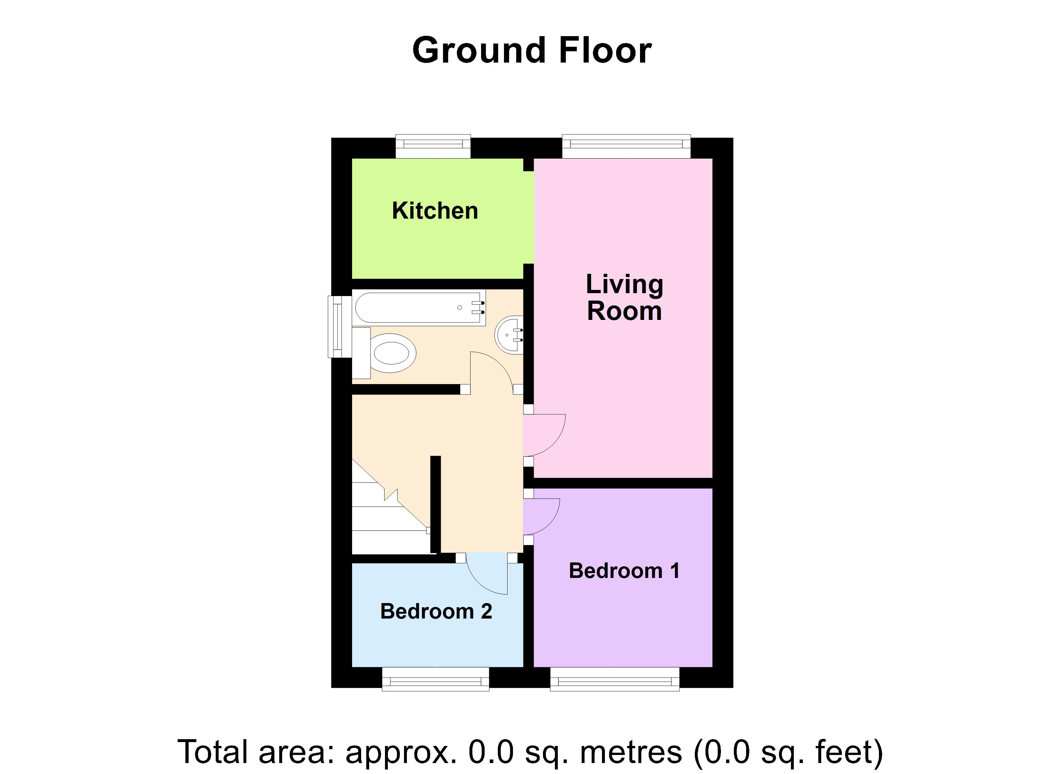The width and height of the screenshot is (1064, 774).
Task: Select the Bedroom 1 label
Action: [x=624, y=571]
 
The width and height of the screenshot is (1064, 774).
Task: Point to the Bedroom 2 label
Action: [x=436, y=611]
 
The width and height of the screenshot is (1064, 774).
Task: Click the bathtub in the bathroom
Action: [x=418, y=307]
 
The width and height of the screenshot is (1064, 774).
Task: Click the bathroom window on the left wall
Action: [x=339, y=326]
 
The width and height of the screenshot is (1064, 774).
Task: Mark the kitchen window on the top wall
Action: [x=433, y=146]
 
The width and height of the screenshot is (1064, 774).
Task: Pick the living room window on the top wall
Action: [x=626, y=146]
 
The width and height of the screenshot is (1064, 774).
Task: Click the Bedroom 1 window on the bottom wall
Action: [x=615, y=679]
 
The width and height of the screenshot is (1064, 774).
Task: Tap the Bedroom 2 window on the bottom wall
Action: [x=435, y=679]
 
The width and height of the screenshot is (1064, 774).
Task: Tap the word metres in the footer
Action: [x=631, y=752]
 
